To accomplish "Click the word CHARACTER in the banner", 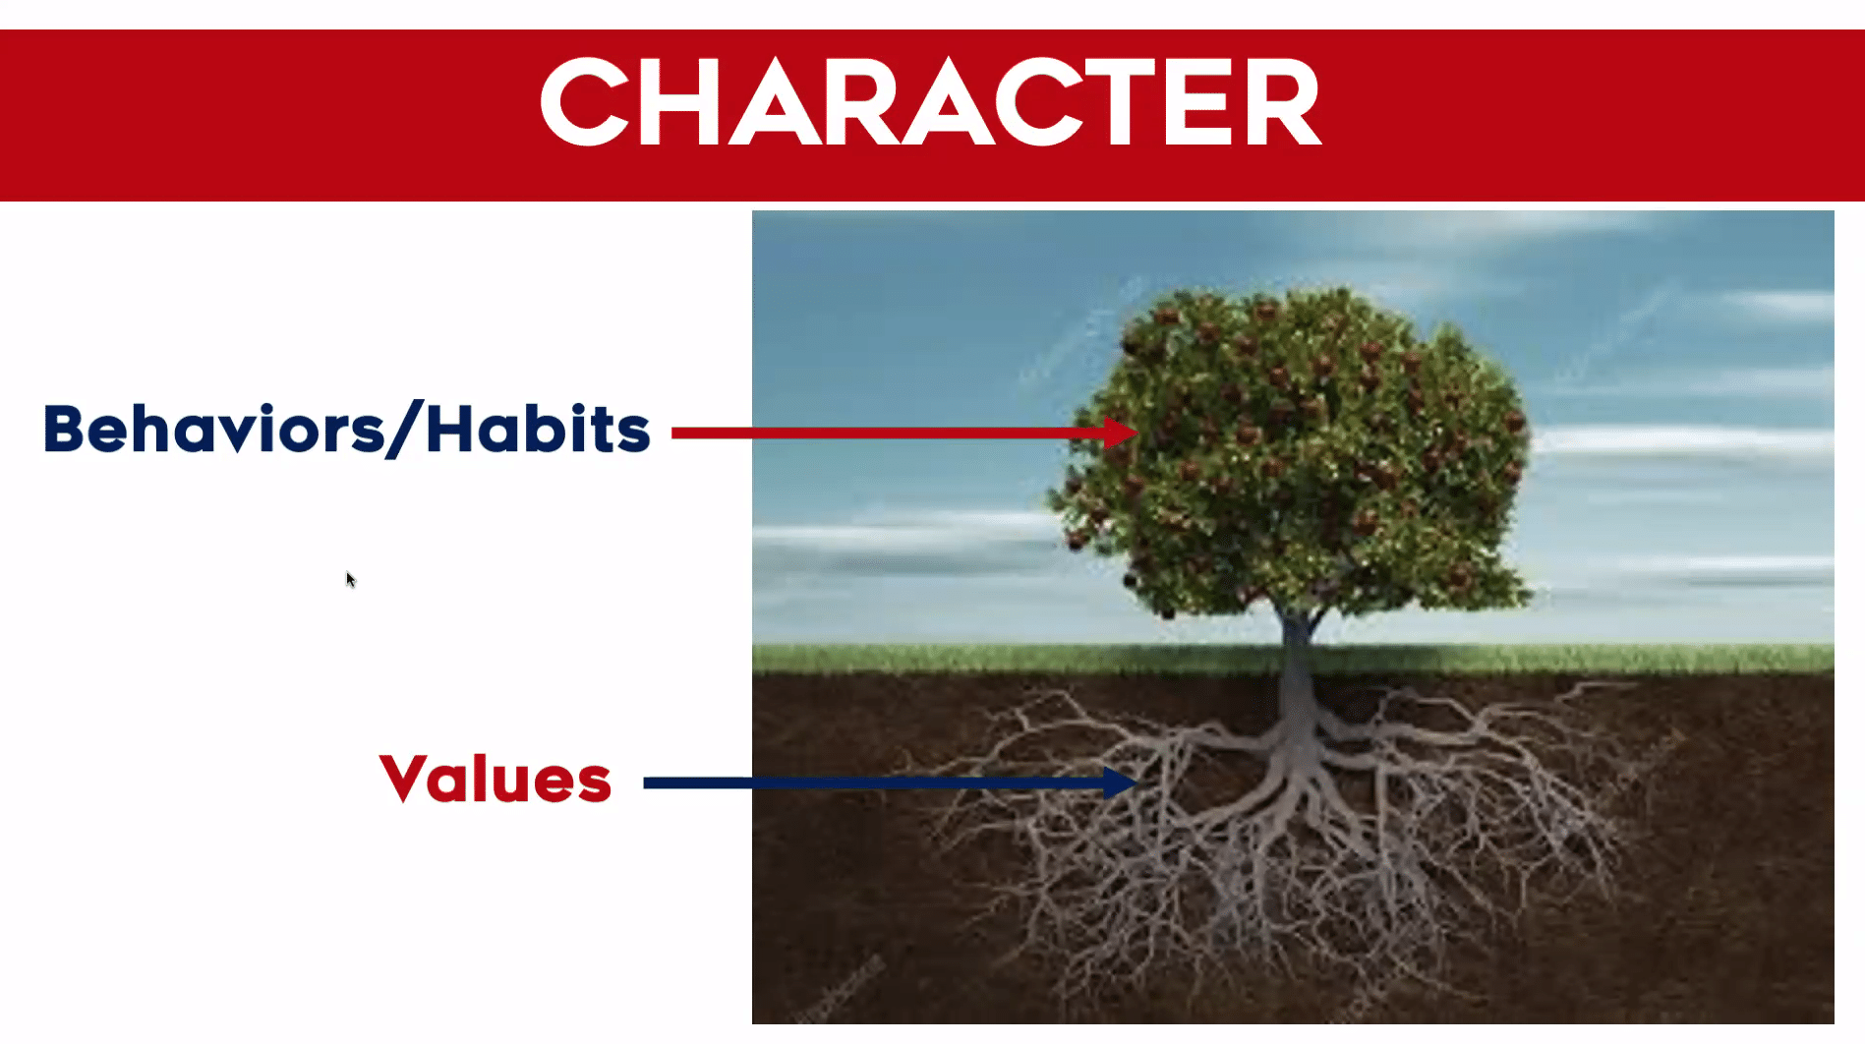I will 930,102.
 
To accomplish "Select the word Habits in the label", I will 538,430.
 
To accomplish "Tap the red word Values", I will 495,780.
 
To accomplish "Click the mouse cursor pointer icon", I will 350,579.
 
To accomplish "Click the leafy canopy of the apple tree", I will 1298,442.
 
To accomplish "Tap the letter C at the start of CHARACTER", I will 585,102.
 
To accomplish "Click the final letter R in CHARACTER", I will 1282,102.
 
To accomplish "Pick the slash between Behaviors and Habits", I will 404,430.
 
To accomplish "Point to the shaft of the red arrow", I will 885,433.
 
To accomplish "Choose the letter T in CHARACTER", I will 1122,102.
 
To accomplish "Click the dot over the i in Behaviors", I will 267,407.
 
